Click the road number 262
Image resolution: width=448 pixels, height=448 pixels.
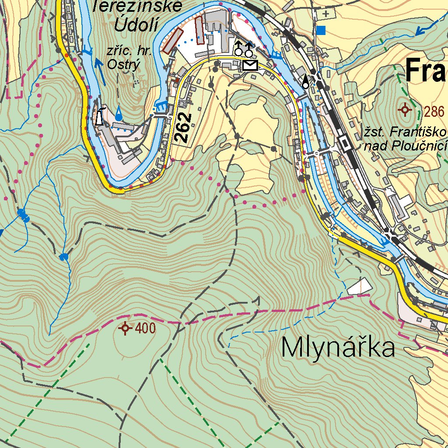click(x=183, y=127)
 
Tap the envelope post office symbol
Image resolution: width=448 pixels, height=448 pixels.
click(x=250, y=66)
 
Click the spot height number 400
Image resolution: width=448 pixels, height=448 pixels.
click(x=145, y=328)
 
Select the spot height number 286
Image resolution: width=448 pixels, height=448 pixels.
click(x=434, y=112)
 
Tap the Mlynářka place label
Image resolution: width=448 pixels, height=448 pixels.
click(x=338, y=348)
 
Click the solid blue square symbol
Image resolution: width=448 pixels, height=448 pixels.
click(x=322, y=30)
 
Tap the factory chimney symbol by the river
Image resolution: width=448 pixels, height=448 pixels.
click(x=100, y=116)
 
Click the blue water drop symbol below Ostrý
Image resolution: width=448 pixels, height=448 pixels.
click(x=119, y=114)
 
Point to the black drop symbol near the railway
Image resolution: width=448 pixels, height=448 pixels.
click(x=305, y=82)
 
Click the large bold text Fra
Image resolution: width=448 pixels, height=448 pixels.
click(x=426, y=71)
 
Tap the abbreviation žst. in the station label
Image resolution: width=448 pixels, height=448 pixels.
click(x=375, y=132)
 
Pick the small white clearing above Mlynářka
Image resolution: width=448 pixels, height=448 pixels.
click(x=359, y=286)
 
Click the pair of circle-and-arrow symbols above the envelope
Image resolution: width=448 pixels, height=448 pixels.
click(x=244, y=49)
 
